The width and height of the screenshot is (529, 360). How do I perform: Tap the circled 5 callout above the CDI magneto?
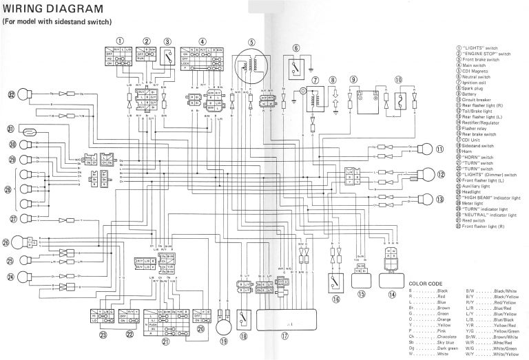[252, 41]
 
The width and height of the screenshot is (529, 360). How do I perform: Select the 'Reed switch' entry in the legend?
[472, 220]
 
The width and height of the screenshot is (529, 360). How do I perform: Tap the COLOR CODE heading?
[427, 284]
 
